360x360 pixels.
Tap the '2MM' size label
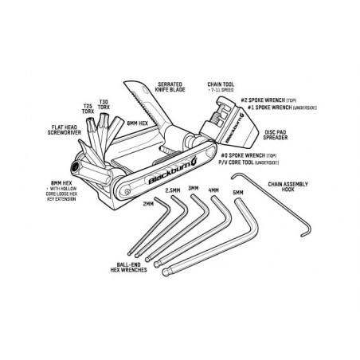pyautogui.click(x=147, y=203)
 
